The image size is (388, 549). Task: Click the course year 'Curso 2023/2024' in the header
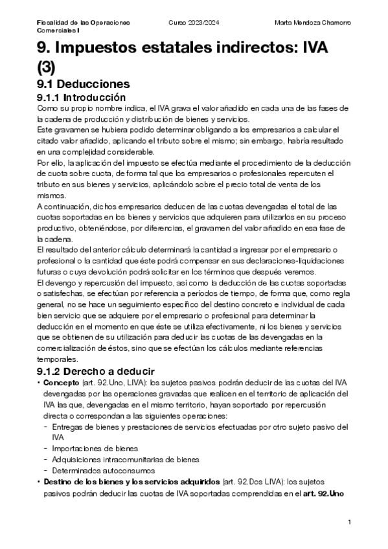193,22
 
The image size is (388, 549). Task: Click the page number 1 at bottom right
349,522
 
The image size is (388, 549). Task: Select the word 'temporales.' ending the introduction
57,360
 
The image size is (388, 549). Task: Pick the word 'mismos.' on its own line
51,194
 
